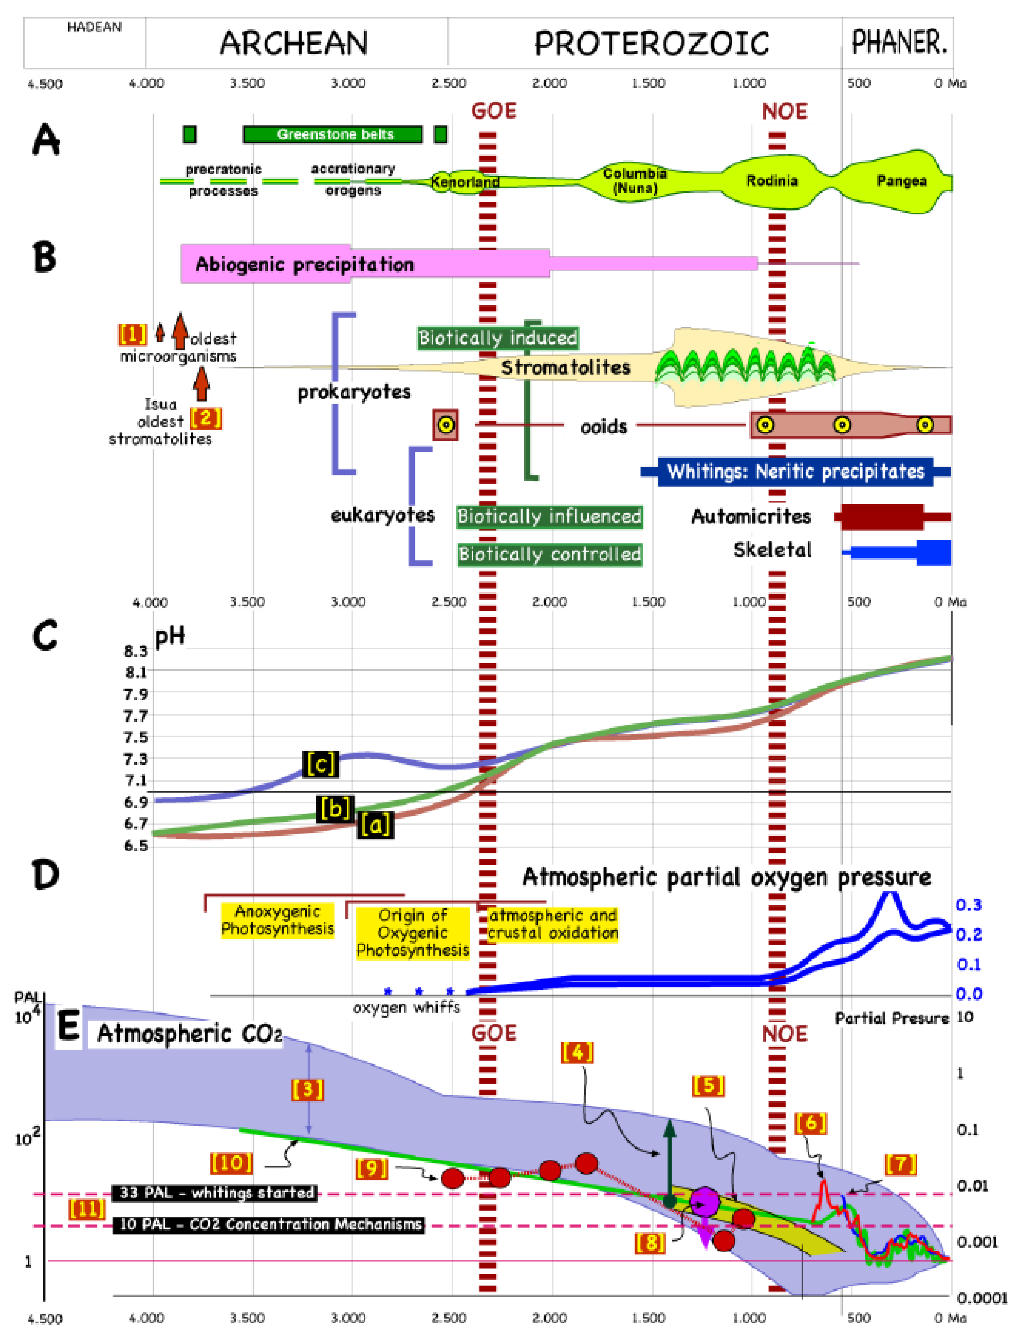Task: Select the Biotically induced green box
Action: point(498,338)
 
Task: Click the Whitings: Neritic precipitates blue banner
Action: point(795,472)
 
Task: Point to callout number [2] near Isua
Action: point(206,418)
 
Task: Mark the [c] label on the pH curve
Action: point(320,764)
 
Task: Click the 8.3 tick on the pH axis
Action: point(136,651)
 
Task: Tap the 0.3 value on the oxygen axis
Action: point(968,905)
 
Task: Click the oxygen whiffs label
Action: point(406,1007)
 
